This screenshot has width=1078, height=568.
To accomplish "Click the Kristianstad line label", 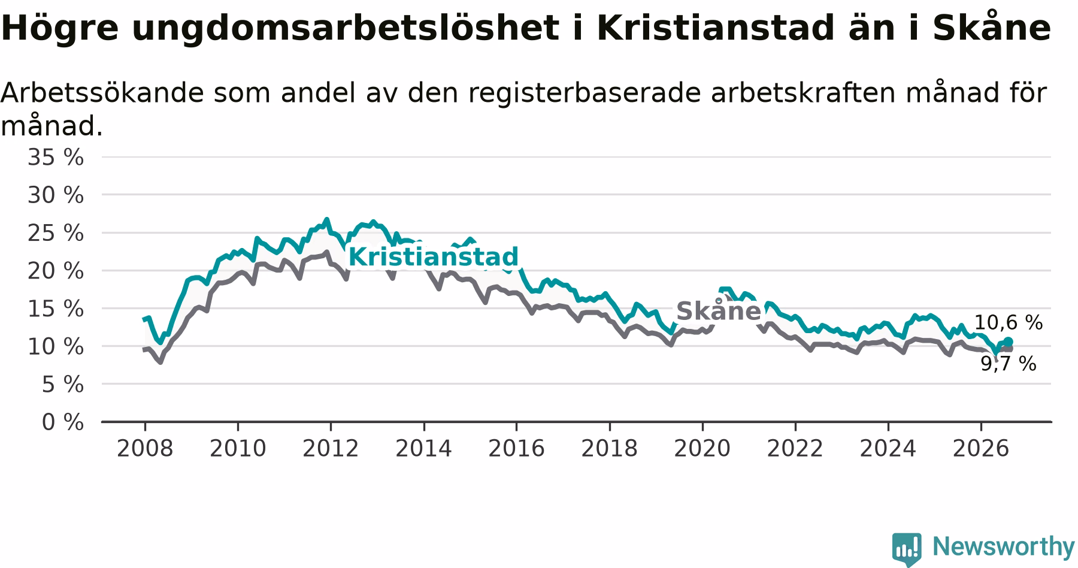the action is coord(433,257).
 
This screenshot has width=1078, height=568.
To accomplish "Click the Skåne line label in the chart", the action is coord(719,310).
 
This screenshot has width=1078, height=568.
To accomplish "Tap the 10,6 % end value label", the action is coord(1009,323).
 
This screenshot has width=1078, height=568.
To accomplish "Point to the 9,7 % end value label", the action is coord(1009,364).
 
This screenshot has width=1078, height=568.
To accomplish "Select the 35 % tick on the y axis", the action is coord(56,158).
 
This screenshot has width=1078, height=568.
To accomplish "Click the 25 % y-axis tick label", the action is coord(56,233).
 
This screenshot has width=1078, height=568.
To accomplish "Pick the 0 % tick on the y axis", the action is coord(63,422).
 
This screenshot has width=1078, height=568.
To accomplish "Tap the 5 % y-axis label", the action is coord(63,385).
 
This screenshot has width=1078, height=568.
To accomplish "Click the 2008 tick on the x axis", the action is coord(145,448).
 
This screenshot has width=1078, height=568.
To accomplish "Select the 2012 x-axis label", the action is coord(331,448).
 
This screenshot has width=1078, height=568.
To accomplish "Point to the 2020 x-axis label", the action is coord(702,448).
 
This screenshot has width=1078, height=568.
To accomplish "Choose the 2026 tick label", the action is coord(981,448).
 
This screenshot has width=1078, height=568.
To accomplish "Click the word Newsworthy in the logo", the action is coord(1004,546).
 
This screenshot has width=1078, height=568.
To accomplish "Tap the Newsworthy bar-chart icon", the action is coord(907,549).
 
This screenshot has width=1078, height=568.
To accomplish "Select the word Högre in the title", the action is coord(60,28).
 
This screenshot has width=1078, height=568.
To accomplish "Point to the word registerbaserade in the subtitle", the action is coord(585,93).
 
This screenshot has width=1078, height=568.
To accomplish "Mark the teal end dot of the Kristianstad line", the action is coord(1009,342).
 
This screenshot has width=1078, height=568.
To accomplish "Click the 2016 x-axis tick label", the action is coord(516,448).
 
